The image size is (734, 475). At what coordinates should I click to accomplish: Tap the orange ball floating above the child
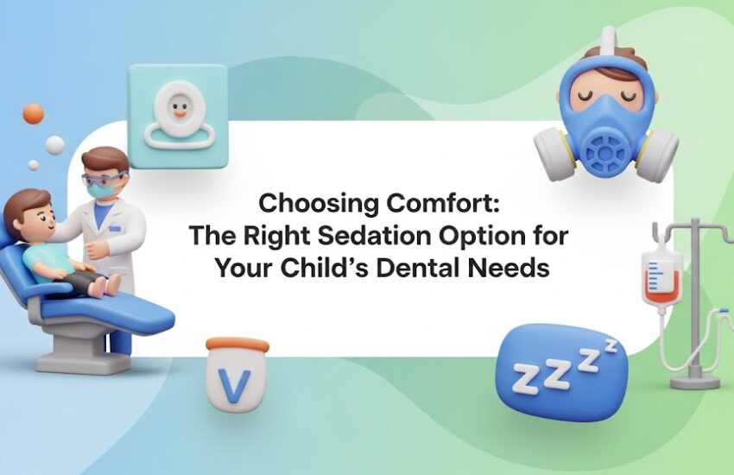point(34,113)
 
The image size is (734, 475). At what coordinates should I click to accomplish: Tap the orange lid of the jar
point(237,345)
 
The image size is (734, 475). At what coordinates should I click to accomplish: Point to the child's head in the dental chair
point(25,210)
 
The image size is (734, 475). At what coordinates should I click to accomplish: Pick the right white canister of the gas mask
point(658,156)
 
